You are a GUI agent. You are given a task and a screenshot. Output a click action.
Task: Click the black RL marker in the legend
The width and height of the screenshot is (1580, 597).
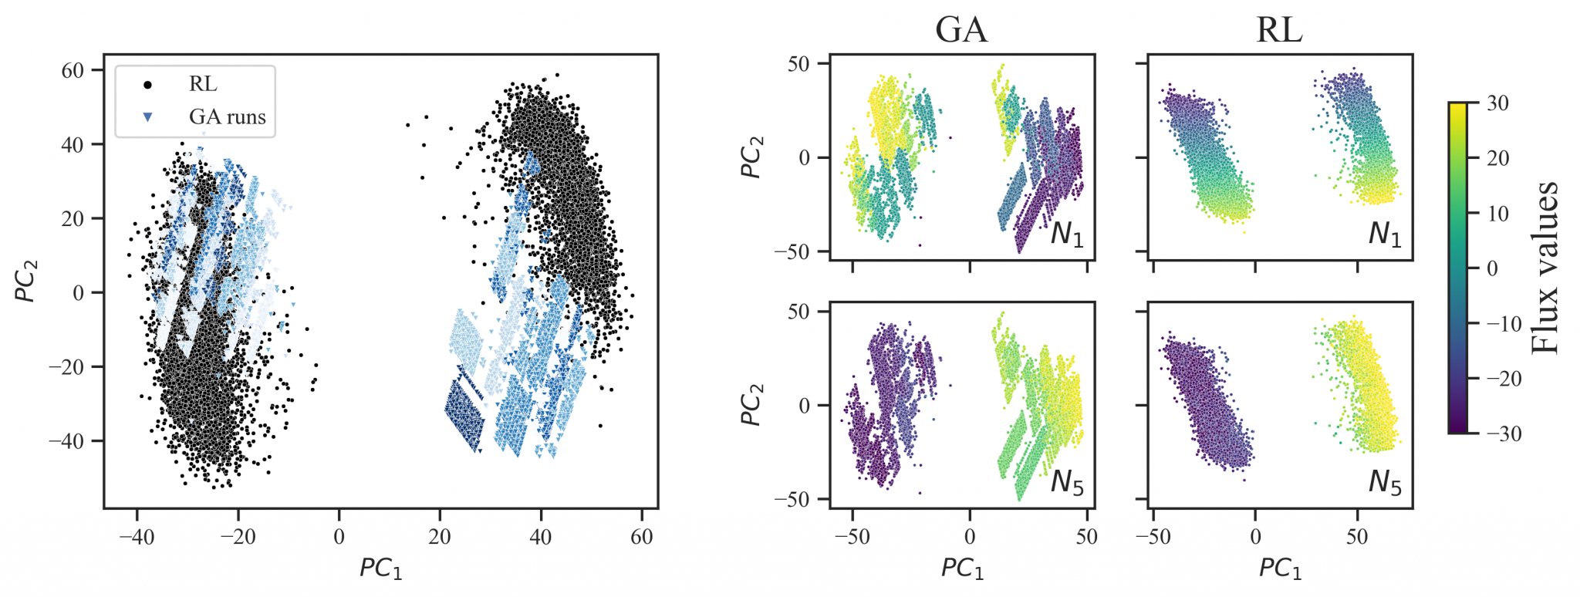click(147, 84)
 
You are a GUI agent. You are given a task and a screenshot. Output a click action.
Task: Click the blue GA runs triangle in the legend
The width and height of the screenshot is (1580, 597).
click(147, 117)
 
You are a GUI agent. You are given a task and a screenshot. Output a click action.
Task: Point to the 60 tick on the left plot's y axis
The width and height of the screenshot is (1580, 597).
click(73, 70)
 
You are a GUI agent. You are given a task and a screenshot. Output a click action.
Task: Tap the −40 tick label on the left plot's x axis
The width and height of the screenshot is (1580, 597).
click(137, 537)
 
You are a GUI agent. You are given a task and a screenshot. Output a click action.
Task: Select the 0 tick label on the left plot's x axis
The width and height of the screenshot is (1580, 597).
click(339, 537)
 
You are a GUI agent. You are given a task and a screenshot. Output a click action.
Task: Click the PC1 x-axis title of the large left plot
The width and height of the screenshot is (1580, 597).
click(381, 568)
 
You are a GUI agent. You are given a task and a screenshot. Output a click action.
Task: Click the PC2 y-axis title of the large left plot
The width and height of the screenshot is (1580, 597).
click(26, 281)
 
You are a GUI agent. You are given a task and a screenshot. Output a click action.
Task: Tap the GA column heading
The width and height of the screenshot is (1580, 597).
click(961, 30)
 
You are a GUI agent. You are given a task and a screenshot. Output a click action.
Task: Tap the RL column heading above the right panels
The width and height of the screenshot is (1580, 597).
click(1279, 30)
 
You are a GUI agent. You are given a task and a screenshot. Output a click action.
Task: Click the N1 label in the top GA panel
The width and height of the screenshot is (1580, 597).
click(1067, 234)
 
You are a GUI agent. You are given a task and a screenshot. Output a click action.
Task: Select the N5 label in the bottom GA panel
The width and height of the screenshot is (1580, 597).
click(1067, 483)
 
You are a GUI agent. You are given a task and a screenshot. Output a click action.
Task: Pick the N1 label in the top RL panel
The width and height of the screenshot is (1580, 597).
click(1385, 234)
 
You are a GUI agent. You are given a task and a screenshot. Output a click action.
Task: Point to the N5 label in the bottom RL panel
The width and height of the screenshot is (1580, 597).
click(1385, 483)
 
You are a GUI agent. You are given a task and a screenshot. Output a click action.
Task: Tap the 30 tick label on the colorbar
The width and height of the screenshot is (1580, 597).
click(1497, 103)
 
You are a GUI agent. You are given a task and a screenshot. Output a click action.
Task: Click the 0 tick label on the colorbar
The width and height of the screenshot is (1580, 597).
click(1492, 268)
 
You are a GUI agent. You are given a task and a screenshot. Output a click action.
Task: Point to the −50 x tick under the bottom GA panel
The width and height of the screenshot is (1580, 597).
click(852, 537)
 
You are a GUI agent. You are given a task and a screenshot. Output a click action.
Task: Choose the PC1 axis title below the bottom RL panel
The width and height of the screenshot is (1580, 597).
click(1281, 568)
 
